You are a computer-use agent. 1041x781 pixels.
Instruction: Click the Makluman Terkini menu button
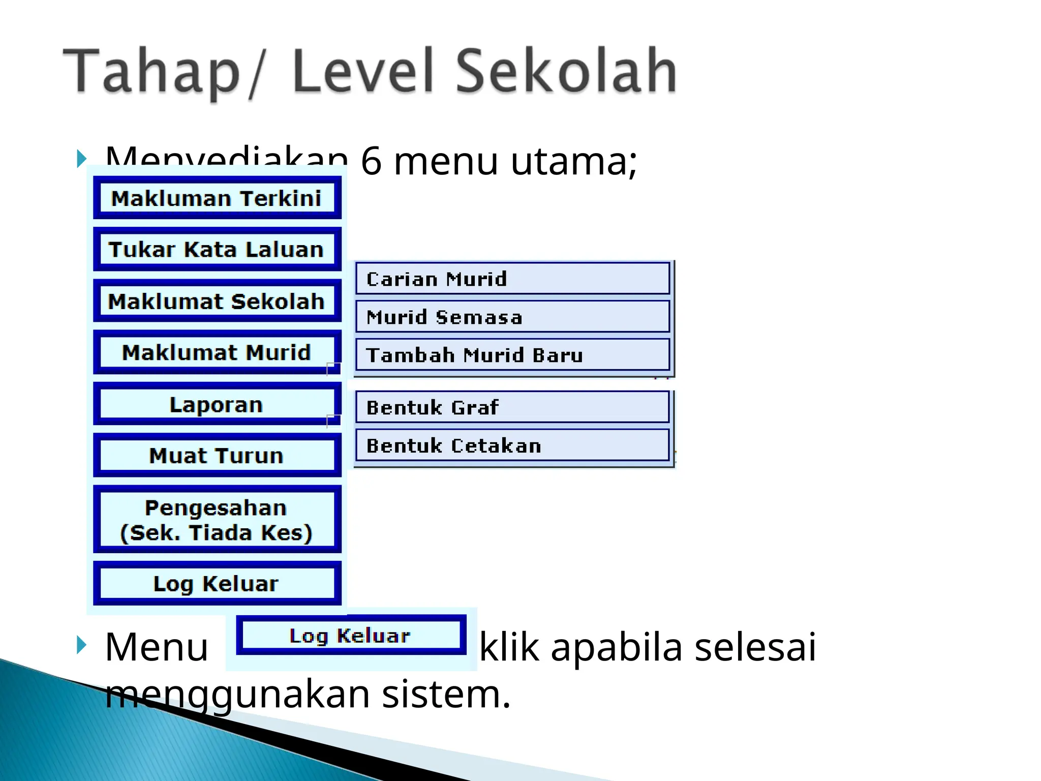pyautogui.click(x=217, y=198)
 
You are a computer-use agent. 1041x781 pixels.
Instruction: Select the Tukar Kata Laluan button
pyautogui.click(x=217, y=250)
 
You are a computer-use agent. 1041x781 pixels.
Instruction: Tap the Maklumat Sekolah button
pyautogui.click(x=217, y=302)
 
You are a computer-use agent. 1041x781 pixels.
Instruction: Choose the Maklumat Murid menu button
pyautogui.click(x=217, y=352)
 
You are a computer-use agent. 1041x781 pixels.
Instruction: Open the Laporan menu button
pyautogui.click(x=217, y=405)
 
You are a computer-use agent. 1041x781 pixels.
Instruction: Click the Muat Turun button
pyautogui.click(x=217, y=456)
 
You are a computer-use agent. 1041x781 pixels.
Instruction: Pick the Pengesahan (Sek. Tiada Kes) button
pyautogui.click(x=217, y=520)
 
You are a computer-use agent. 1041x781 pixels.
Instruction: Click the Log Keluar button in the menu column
pyautogui.click(x=217, y=583)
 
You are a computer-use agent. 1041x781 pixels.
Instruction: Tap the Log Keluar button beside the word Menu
pyautogui.click(x=351, y=636)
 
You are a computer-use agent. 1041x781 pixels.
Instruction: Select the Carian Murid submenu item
pyautogui.click(x=512, y=279)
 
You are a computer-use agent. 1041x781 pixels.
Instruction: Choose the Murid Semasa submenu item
pyautogui.click(x=512, y=317)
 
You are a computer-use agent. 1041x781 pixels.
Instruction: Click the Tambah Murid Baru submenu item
pyautogui.click(x=512, y=355)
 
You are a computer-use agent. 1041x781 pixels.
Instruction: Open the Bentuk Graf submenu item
pyautogui.click(x=512, y=407)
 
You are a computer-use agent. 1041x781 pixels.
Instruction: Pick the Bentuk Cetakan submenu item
pyautogui.click(x=512, y=445)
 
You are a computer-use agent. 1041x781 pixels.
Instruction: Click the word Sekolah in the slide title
pyautogui.click(x=566, y=71)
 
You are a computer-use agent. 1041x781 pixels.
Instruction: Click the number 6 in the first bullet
pyautogui.click(x=371, y=162)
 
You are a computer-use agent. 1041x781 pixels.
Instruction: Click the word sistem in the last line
pyautogui.click(x=446, y=694)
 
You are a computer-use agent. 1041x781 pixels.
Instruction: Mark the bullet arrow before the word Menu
pyautogui.click(x=81, y=645)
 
